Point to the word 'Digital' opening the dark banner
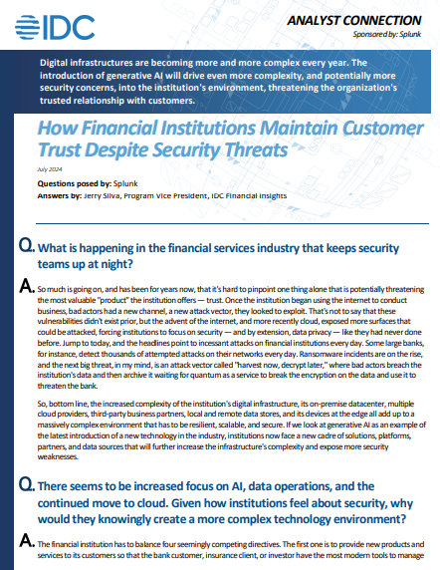pos(58,63)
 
